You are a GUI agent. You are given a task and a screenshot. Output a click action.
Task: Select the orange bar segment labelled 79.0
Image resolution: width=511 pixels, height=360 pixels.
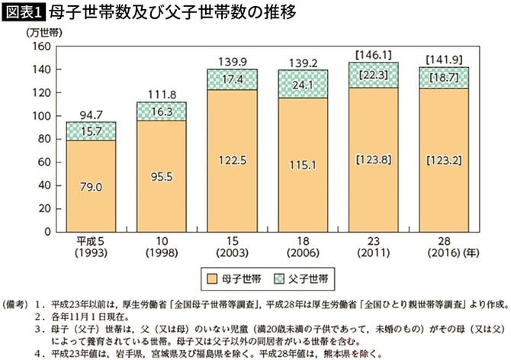coord(91,183)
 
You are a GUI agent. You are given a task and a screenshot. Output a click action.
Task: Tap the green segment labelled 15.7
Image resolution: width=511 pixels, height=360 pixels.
coord(91,130)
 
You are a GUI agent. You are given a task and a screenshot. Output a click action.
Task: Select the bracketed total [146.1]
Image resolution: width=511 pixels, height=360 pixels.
coord(373,54)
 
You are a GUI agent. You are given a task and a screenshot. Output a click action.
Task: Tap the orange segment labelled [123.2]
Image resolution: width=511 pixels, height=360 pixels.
coord(443,160)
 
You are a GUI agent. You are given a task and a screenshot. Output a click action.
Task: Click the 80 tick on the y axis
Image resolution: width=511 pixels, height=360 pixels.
coord(42,140)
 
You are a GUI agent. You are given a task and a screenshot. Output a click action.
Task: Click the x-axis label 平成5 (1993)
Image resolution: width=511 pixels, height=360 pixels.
coord(91,246)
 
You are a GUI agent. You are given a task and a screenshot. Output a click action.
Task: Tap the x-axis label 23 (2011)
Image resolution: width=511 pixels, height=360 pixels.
coord(373,246)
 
